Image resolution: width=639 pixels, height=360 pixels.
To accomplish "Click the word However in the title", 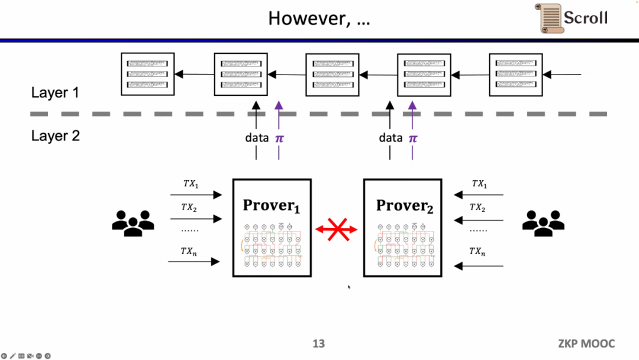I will [x=305, y=18].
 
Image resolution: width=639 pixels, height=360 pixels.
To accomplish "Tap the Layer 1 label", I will [x=55, y=92].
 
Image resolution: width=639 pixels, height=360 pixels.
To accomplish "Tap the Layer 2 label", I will [x=55, y=136].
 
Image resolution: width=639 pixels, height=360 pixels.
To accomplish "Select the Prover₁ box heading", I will [x=272, y=206].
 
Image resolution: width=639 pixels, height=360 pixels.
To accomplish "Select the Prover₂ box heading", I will [x=405, y=206].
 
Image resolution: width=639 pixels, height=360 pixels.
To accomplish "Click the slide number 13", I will [x=318, y=343].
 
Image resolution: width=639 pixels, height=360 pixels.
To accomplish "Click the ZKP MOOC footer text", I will [x=586, y=343].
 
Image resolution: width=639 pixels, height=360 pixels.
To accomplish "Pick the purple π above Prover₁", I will [x=279, y=138].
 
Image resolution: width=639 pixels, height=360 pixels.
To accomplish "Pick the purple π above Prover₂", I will [x=413, y=138].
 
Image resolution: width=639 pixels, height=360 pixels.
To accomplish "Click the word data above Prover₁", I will [x=257, y=138].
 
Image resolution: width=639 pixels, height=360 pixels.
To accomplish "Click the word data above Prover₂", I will [x=390, y=138].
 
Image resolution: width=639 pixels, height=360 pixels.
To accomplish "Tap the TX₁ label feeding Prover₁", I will [x=191, y=184].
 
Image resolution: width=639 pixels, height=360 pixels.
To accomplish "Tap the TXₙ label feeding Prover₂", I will [x=478, y=252].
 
